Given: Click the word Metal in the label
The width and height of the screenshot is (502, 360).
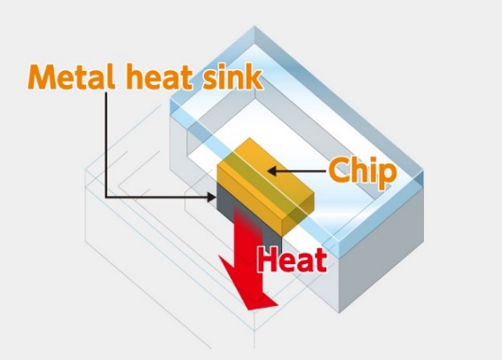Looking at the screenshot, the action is (x=71, y=77).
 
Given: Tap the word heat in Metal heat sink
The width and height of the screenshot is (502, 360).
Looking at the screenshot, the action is (x=159, y=77).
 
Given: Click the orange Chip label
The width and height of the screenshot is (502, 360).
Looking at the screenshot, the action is (x=363, y=172).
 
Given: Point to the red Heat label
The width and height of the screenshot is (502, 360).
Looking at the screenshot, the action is (x=293, y=260).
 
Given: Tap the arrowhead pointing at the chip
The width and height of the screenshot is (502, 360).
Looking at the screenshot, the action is (x=272, y=171).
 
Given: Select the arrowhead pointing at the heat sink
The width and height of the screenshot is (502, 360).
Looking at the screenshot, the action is (x=212, y=197).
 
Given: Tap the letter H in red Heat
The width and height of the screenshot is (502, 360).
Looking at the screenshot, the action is (x=267, y=260).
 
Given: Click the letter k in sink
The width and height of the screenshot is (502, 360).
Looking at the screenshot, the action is (x=255, y=77).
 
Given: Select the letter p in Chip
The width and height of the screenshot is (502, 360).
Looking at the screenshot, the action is (x=387, y=177).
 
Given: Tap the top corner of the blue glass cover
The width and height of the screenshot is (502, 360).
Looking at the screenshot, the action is (x=255, y=27).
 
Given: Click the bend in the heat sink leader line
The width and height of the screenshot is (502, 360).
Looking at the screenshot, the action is (x=106, y=197).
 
